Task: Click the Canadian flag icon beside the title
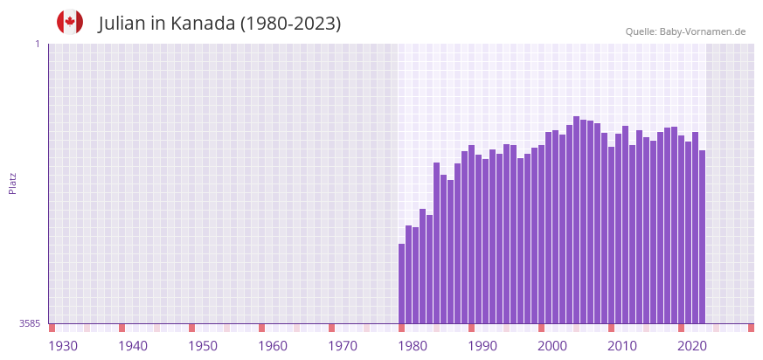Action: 70,23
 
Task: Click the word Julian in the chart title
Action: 122,24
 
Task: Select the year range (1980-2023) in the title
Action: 290,24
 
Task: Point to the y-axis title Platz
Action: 12,183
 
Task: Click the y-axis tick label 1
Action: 38,44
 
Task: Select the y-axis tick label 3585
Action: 30,323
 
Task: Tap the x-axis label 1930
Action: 63,346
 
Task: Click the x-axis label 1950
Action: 203,346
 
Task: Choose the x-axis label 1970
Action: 343,346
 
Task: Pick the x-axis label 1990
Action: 482,346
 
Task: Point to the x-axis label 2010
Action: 622,346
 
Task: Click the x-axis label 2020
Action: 692,346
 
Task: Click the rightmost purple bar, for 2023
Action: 702,237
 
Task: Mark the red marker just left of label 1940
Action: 121,328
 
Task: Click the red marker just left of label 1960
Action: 261,328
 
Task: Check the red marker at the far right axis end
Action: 751,328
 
